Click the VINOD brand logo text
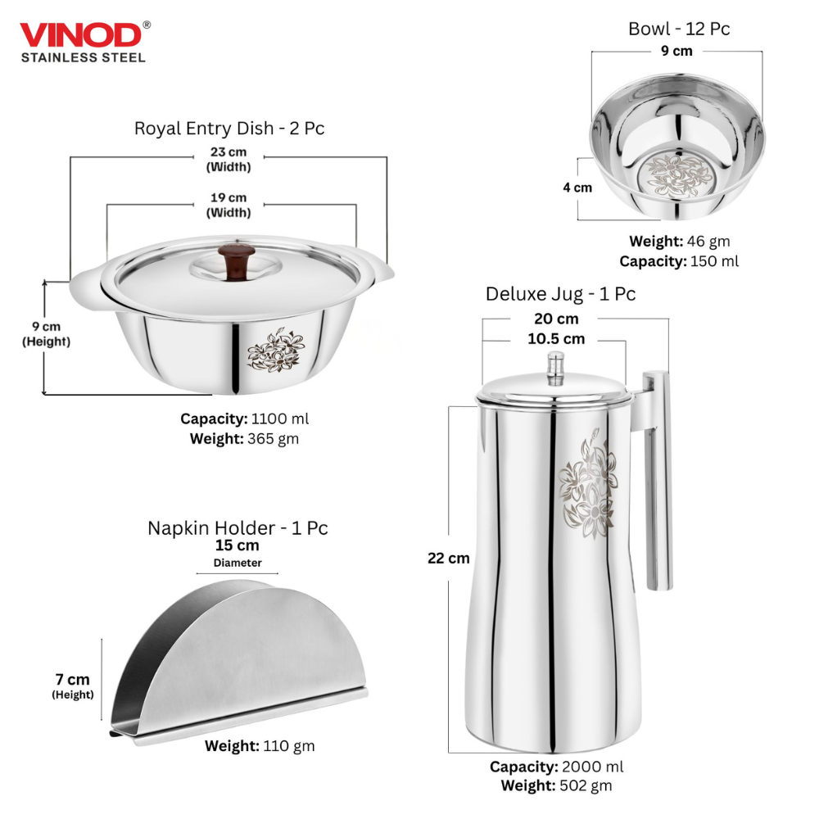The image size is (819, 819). click(x=79, y=36)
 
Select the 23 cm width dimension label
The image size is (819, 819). click(x=229, y=152)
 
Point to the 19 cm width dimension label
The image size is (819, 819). click(x=229, y=197)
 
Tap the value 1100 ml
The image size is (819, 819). click(x=279, y=419)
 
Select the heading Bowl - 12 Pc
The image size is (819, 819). click(x=679, y=29)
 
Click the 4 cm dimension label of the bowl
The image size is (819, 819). click(x=577, y=188)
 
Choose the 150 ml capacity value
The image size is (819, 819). click(x=714, y=261)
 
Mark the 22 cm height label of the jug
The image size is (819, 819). click(x=448, y=559)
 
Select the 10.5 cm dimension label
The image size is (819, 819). click(x=556, y=338)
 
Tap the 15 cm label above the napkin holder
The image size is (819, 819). click(x=237, y=545)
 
